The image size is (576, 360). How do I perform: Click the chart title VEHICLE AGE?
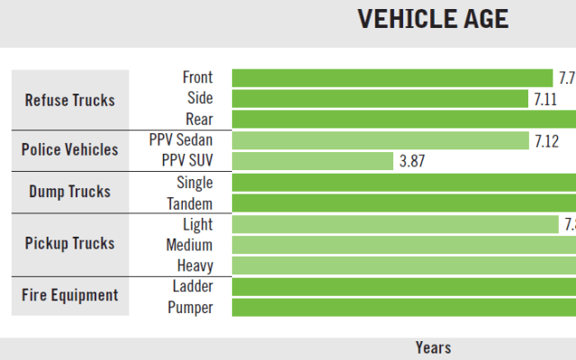(x=432, y=19)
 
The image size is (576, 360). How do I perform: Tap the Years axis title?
(x=433, y=347)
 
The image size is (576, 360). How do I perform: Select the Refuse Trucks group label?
(x=70, y=99)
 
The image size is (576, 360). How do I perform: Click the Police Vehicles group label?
(x=69, y=149)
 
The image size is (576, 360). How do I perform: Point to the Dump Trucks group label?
(x=69, y=192)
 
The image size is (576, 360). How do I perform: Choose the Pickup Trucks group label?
(x=70, y=244)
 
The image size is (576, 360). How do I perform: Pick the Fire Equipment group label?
(x=70, y=295)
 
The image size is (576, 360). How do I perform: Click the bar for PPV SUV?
(x=313, y=161)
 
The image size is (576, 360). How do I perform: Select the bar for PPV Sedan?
(x=381, y=140)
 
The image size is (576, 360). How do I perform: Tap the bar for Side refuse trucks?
(x=380, y=98)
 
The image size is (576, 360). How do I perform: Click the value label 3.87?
(x=410, y=162)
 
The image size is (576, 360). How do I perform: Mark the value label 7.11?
(x=544, y=99)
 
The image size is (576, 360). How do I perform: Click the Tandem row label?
(x=190, y=203)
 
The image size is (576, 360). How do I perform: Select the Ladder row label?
(x=193, y=287)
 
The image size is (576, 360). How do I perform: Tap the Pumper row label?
(x=190, y=308)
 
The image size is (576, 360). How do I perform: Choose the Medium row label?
(x=189, y=245)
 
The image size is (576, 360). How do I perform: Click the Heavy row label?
(x=193, y=265)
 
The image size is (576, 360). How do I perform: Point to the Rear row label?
(x=199, y=120)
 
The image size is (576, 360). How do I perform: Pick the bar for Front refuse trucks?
(x=392, y=78)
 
